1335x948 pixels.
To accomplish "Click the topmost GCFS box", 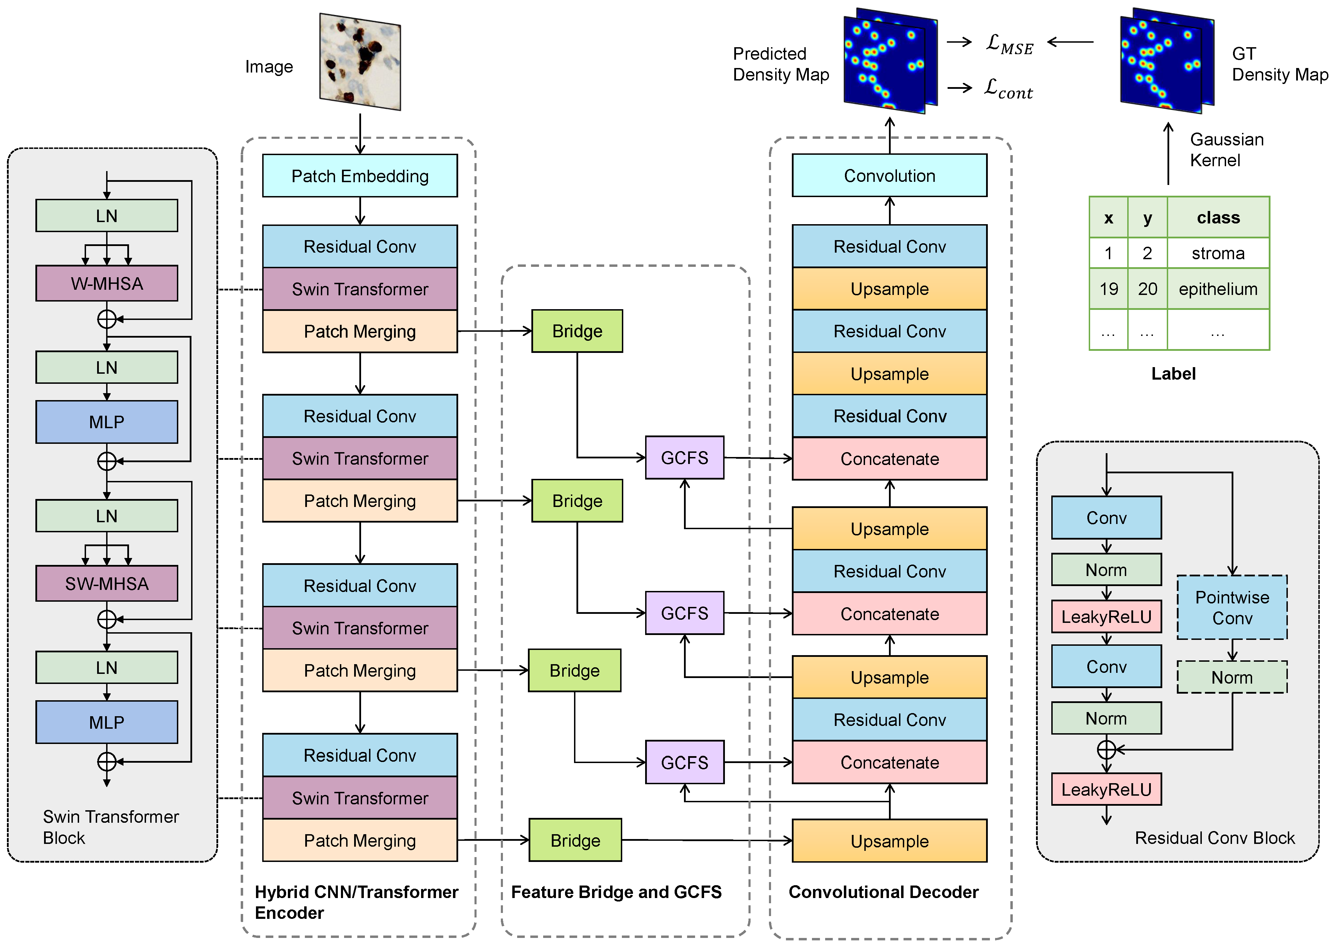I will (x=684, y=458).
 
